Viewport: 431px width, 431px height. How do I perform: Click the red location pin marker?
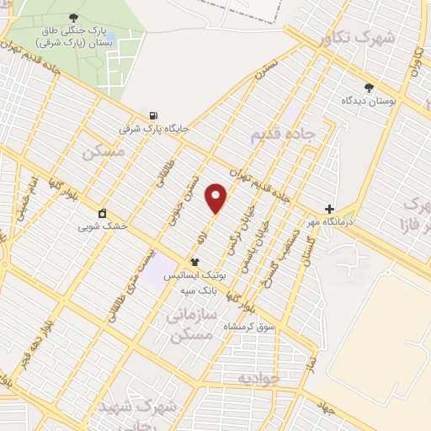[217, 198]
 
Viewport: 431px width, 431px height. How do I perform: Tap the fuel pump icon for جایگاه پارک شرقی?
[152, 116]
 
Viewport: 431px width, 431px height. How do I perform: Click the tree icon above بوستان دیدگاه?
[368, 88]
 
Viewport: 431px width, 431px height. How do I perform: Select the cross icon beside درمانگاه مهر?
[329, 209]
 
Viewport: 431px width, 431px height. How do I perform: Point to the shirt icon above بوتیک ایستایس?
[194, 262]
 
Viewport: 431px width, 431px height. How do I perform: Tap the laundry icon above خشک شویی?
[102, 213]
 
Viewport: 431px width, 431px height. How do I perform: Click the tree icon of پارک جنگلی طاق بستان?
[75, 17]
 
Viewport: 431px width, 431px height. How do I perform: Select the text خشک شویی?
[102, 226]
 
